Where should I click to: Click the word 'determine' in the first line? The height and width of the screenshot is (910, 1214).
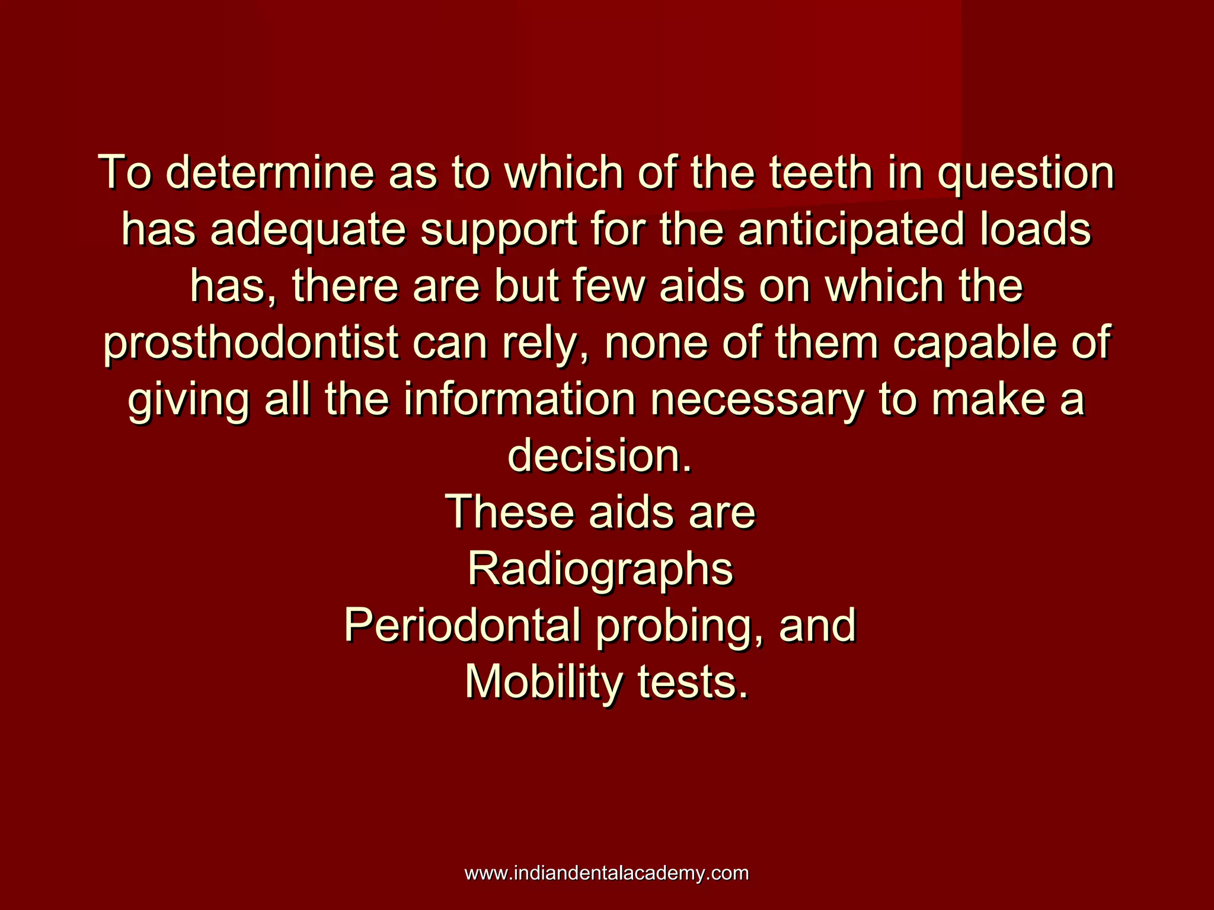[270, 172]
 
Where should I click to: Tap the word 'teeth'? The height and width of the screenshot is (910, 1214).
[821, 172]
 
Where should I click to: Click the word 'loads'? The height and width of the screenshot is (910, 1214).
[1035, 229]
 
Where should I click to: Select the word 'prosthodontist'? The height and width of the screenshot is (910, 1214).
[251, 343]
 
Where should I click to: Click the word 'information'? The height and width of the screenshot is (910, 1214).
[520, 400]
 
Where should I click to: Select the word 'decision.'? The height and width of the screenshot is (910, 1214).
[600, 457]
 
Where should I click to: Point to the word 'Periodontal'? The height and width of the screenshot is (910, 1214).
[462, 626]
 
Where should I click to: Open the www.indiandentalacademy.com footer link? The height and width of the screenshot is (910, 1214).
[606, 873]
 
